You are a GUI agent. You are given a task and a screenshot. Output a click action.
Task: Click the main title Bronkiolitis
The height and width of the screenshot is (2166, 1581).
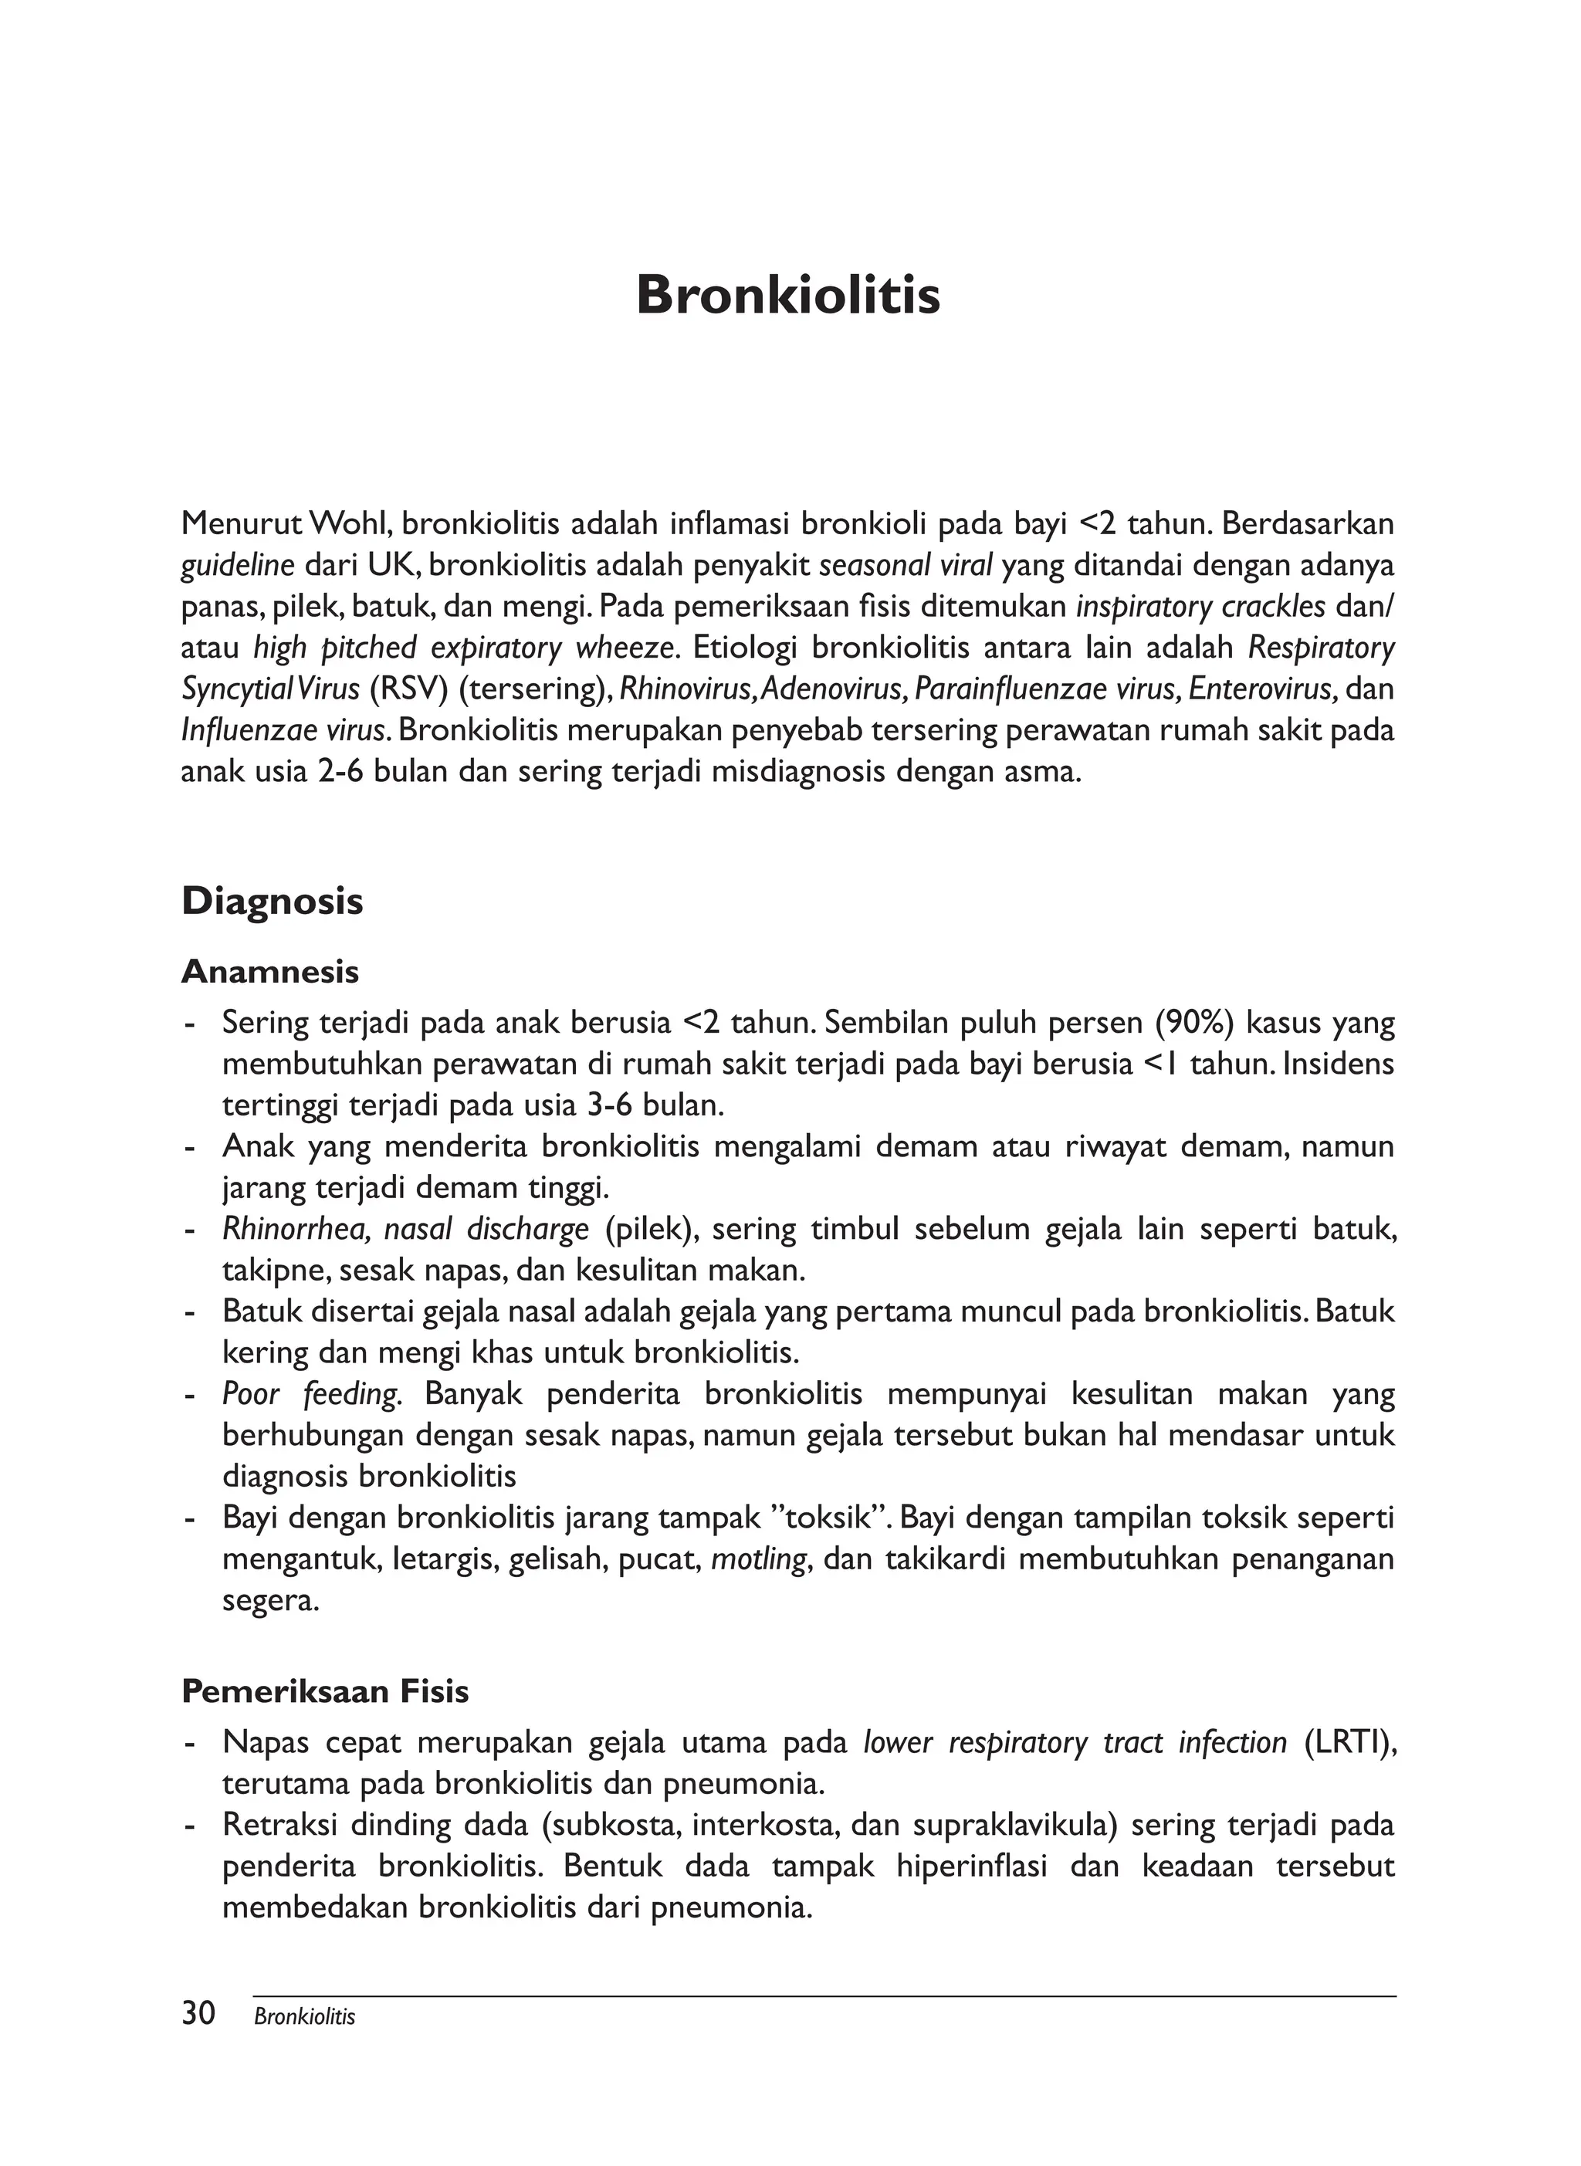(787, 295)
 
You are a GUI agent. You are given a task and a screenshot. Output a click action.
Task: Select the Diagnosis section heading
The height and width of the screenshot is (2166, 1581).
(272, 902)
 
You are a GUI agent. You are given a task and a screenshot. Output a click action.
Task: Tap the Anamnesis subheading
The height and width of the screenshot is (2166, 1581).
(270, 972)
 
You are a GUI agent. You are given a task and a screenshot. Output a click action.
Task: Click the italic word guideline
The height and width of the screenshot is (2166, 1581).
(236, 565)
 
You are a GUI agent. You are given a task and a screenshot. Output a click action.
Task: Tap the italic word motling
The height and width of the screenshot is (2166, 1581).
(761, 1559)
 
